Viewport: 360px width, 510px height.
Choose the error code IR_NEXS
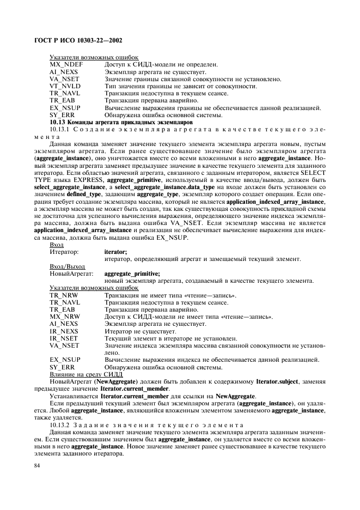(64, 331)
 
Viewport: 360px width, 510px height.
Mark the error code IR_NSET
(64, 338)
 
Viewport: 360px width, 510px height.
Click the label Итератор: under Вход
(64, 252)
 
